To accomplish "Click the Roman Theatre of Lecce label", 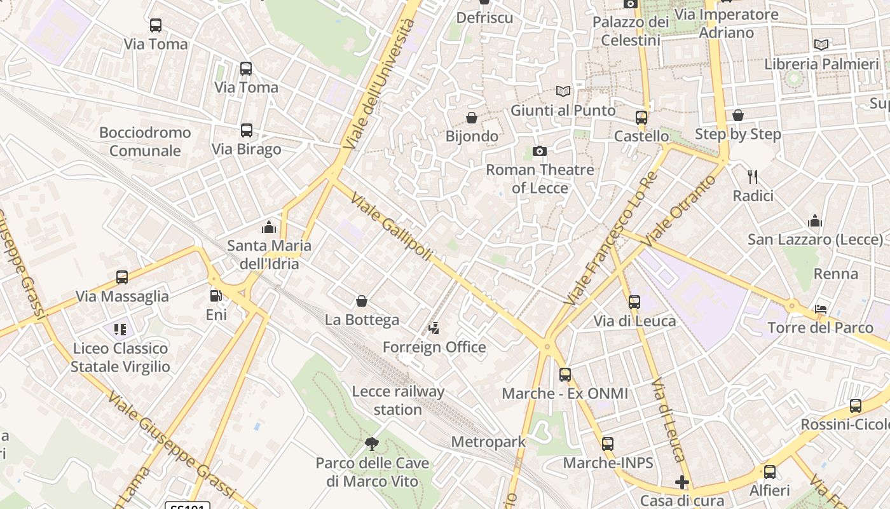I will point(540,179).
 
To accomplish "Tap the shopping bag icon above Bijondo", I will point(472,118).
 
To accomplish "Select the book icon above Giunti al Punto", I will point(563,91).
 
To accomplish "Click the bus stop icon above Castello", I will point(641,118).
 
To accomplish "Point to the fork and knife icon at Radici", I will point(753,176).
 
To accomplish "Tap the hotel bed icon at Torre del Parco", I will point(821,309).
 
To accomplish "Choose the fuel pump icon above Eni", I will point(216,296).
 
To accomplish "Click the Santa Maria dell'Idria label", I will point(270,254).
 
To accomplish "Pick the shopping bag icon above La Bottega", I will point(362,301).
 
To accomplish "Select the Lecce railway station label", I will point(398,400).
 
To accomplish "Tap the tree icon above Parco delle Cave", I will point(372,443).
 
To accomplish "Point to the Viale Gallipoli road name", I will point(391,226).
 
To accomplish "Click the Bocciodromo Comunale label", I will point(145,141).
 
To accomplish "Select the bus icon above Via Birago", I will point(246,130).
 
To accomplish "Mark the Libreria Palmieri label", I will point(821,64).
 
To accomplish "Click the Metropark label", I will point(488,442).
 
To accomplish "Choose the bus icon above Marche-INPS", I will point(608,444).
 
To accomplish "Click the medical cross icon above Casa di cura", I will point(682,482).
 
